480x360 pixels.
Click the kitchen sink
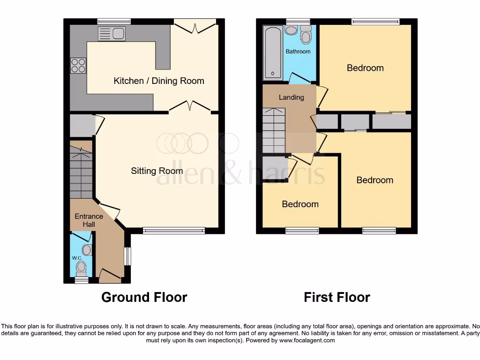[112, 33]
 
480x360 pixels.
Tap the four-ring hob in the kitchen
[78, 65]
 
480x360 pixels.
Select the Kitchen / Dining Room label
[159, 81]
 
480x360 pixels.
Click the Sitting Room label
[157, 171]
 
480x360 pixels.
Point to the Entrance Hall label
[89, 220]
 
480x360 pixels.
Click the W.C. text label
[77, 258]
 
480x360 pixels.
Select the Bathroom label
[298, 51]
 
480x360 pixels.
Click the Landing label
[291, 97]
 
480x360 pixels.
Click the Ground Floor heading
[144, 297]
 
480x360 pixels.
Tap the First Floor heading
[337, 297]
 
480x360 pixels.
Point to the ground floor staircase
[81, 171]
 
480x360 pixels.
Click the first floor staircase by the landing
[273, 130]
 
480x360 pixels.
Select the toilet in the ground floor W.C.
[82, 268]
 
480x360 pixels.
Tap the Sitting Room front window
[174, 230]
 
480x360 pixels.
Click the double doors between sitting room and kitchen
[189, 107]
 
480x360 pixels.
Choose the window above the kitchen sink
[114, 21]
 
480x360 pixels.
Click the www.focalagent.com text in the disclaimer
[307, 340]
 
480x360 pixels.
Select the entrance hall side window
[127, 256]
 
